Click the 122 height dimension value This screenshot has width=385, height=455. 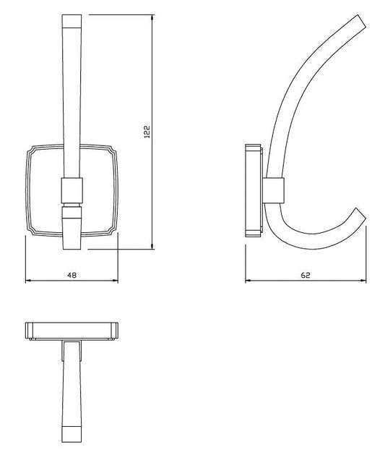147,133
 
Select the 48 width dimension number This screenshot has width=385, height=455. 72,275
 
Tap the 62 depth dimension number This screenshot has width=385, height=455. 306,275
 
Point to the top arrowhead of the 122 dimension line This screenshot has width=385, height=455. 152,16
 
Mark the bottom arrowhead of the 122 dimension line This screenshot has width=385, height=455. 152,247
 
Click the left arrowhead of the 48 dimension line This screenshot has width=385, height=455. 27,281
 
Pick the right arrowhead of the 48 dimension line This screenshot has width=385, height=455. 116,281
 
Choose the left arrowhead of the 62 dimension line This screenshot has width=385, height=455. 248,281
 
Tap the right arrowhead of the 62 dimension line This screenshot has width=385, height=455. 365,281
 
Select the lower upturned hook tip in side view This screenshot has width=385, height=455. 359,214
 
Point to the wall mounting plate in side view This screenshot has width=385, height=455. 253,190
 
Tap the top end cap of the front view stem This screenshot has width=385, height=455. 73,20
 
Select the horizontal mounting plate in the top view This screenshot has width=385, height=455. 71,331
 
